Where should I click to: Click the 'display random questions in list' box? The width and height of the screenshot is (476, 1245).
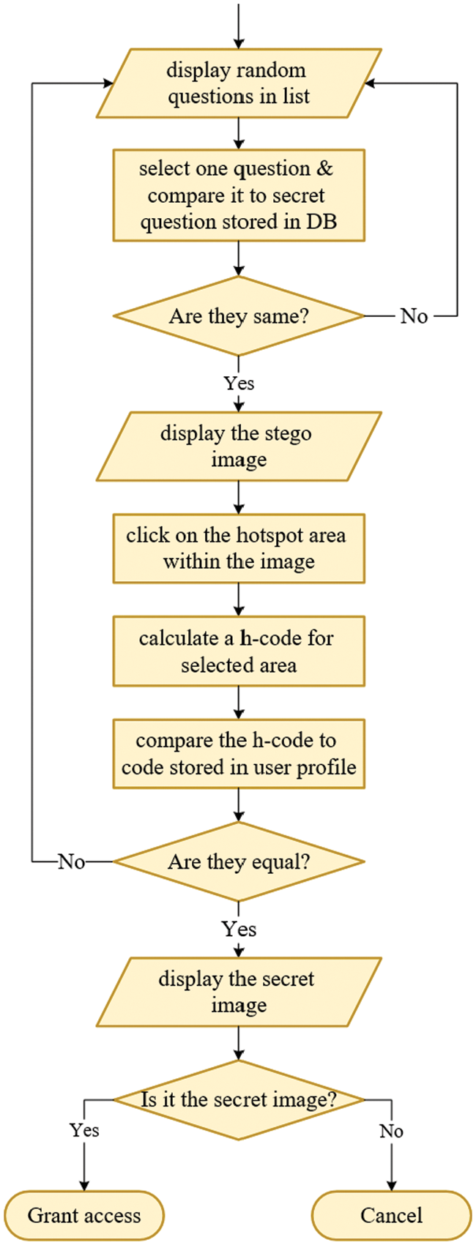pyautogui.click(x=239, y=83)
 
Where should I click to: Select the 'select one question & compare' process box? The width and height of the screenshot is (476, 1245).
pyautogui.click(x=239, y=195)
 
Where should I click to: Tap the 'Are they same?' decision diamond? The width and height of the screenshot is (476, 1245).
pyautogui.click(x=239, y=316)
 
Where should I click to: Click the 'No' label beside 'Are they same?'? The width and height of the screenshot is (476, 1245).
pyautogui.click(x=414, y=316)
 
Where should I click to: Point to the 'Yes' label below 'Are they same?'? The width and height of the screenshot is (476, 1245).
pyautogui.click(x=239, y=384)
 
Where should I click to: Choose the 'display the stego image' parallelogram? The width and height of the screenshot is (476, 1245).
pyautogui.click(x=239, y=446)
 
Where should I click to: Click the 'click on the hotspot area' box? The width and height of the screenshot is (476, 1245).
pyautogui.click(x=239, y=548)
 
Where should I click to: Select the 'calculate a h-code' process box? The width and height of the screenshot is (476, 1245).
pyautogui.click(x=239, y=651)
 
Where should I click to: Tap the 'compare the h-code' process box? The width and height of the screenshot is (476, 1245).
pyautogui.click(x=239, y=754)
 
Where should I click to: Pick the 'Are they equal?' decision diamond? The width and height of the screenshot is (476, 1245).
pyautogui.click(x=239, y=861)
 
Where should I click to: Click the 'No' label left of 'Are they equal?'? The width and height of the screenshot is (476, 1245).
pyautogui.click(x=72, y=861)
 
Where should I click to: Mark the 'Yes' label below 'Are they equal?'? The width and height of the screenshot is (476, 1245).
pyautogui.click(x=239, y=930)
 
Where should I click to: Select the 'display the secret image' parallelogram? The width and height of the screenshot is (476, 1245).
pyautogui.click(x=239, y=992)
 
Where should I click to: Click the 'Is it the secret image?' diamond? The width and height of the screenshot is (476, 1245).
pyautogui.click(x=239, y=1099)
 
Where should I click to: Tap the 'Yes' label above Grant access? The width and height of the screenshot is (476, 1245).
pyautogui.click(x=84, y=1130)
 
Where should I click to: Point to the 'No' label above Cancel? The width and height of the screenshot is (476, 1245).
pyautogui.click(x=391, y=1131)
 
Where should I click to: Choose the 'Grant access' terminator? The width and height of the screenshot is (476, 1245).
pyautogui.click(x=84, y=1216)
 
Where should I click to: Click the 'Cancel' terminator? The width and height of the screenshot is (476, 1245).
pyautogui.click(x=391, y=1216)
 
